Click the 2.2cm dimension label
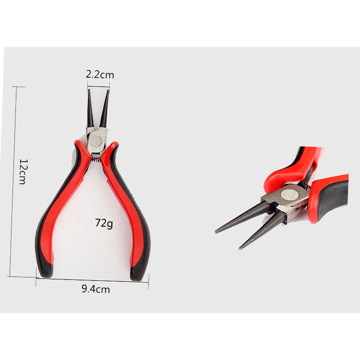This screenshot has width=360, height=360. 100,75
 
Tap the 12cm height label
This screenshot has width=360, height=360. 23,171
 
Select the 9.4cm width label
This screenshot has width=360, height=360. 96,289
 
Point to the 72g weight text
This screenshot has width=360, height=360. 104,223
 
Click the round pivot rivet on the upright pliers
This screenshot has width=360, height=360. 96,142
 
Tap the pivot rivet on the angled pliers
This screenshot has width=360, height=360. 289,195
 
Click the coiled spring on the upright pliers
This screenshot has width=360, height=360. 96,159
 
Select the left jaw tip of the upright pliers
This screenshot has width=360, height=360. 89,90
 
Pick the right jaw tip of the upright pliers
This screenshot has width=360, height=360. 108,90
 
